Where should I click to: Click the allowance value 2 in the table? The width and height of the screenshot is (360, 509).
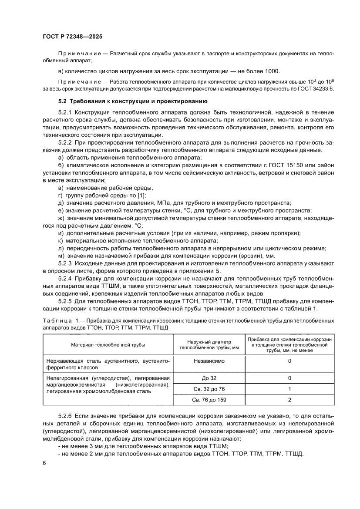289,400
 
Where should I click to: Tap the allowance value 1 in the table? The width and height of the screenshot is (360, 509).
289,389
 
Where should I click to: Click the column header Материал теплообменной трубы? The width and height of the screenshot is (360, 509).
108,345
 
